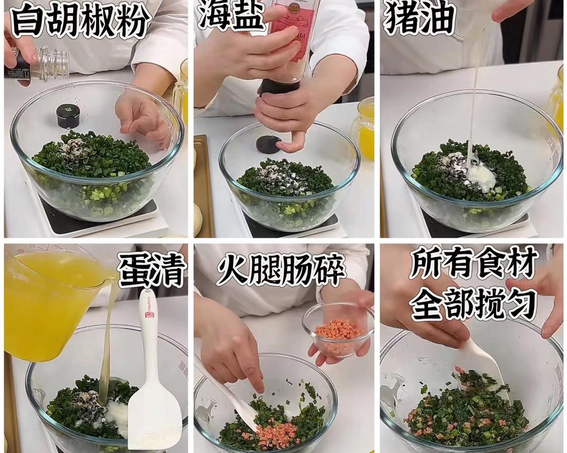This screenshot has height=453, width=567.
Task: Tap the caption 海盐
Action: pyautogui.click(x=230, y=15)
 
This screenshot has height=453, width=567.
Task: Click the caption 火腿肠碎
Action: pyautogui.click(x=280, y=270)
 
